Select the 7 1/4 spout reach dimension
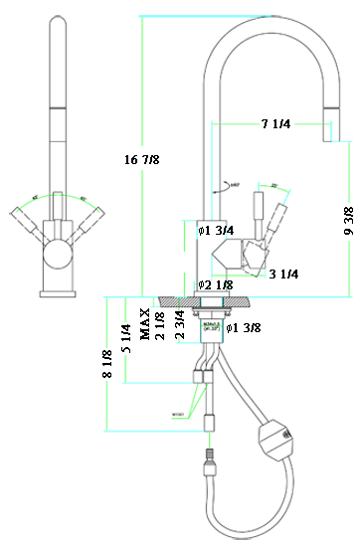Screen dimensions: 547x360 coord(275,124)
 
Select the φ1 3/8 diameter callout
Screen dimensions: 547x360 coord(246,328)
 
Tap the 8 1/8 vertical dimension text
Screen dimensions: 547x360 coord(106,361)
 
